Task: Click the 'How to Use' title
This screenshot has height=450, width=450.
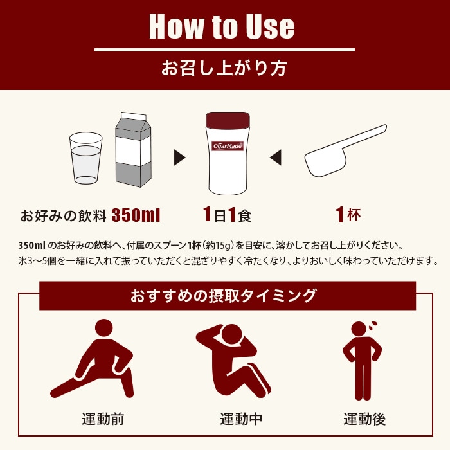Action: tap(222, 26)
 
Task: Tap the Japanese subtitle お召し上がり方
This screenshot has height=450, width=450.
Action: tap(224, 68)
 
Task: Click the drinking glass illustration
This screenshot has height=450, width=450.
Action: tap(85, 157)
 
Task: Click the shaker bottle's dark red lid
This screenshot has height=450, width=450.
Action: tap(228, 121)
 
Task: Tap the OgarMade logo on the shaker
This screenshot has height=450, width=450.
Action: tap(228, 146)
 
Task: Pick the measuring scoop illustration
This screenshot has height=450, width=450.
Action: tap(345, 151)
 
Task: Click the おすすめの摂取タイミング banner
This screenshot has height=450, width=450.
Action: tap(224, 296)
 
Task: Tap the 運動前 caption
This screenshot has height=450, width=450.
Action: tap(103, 420)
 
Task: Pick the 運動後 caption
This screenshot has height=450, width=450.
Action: tap(364, 420)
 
